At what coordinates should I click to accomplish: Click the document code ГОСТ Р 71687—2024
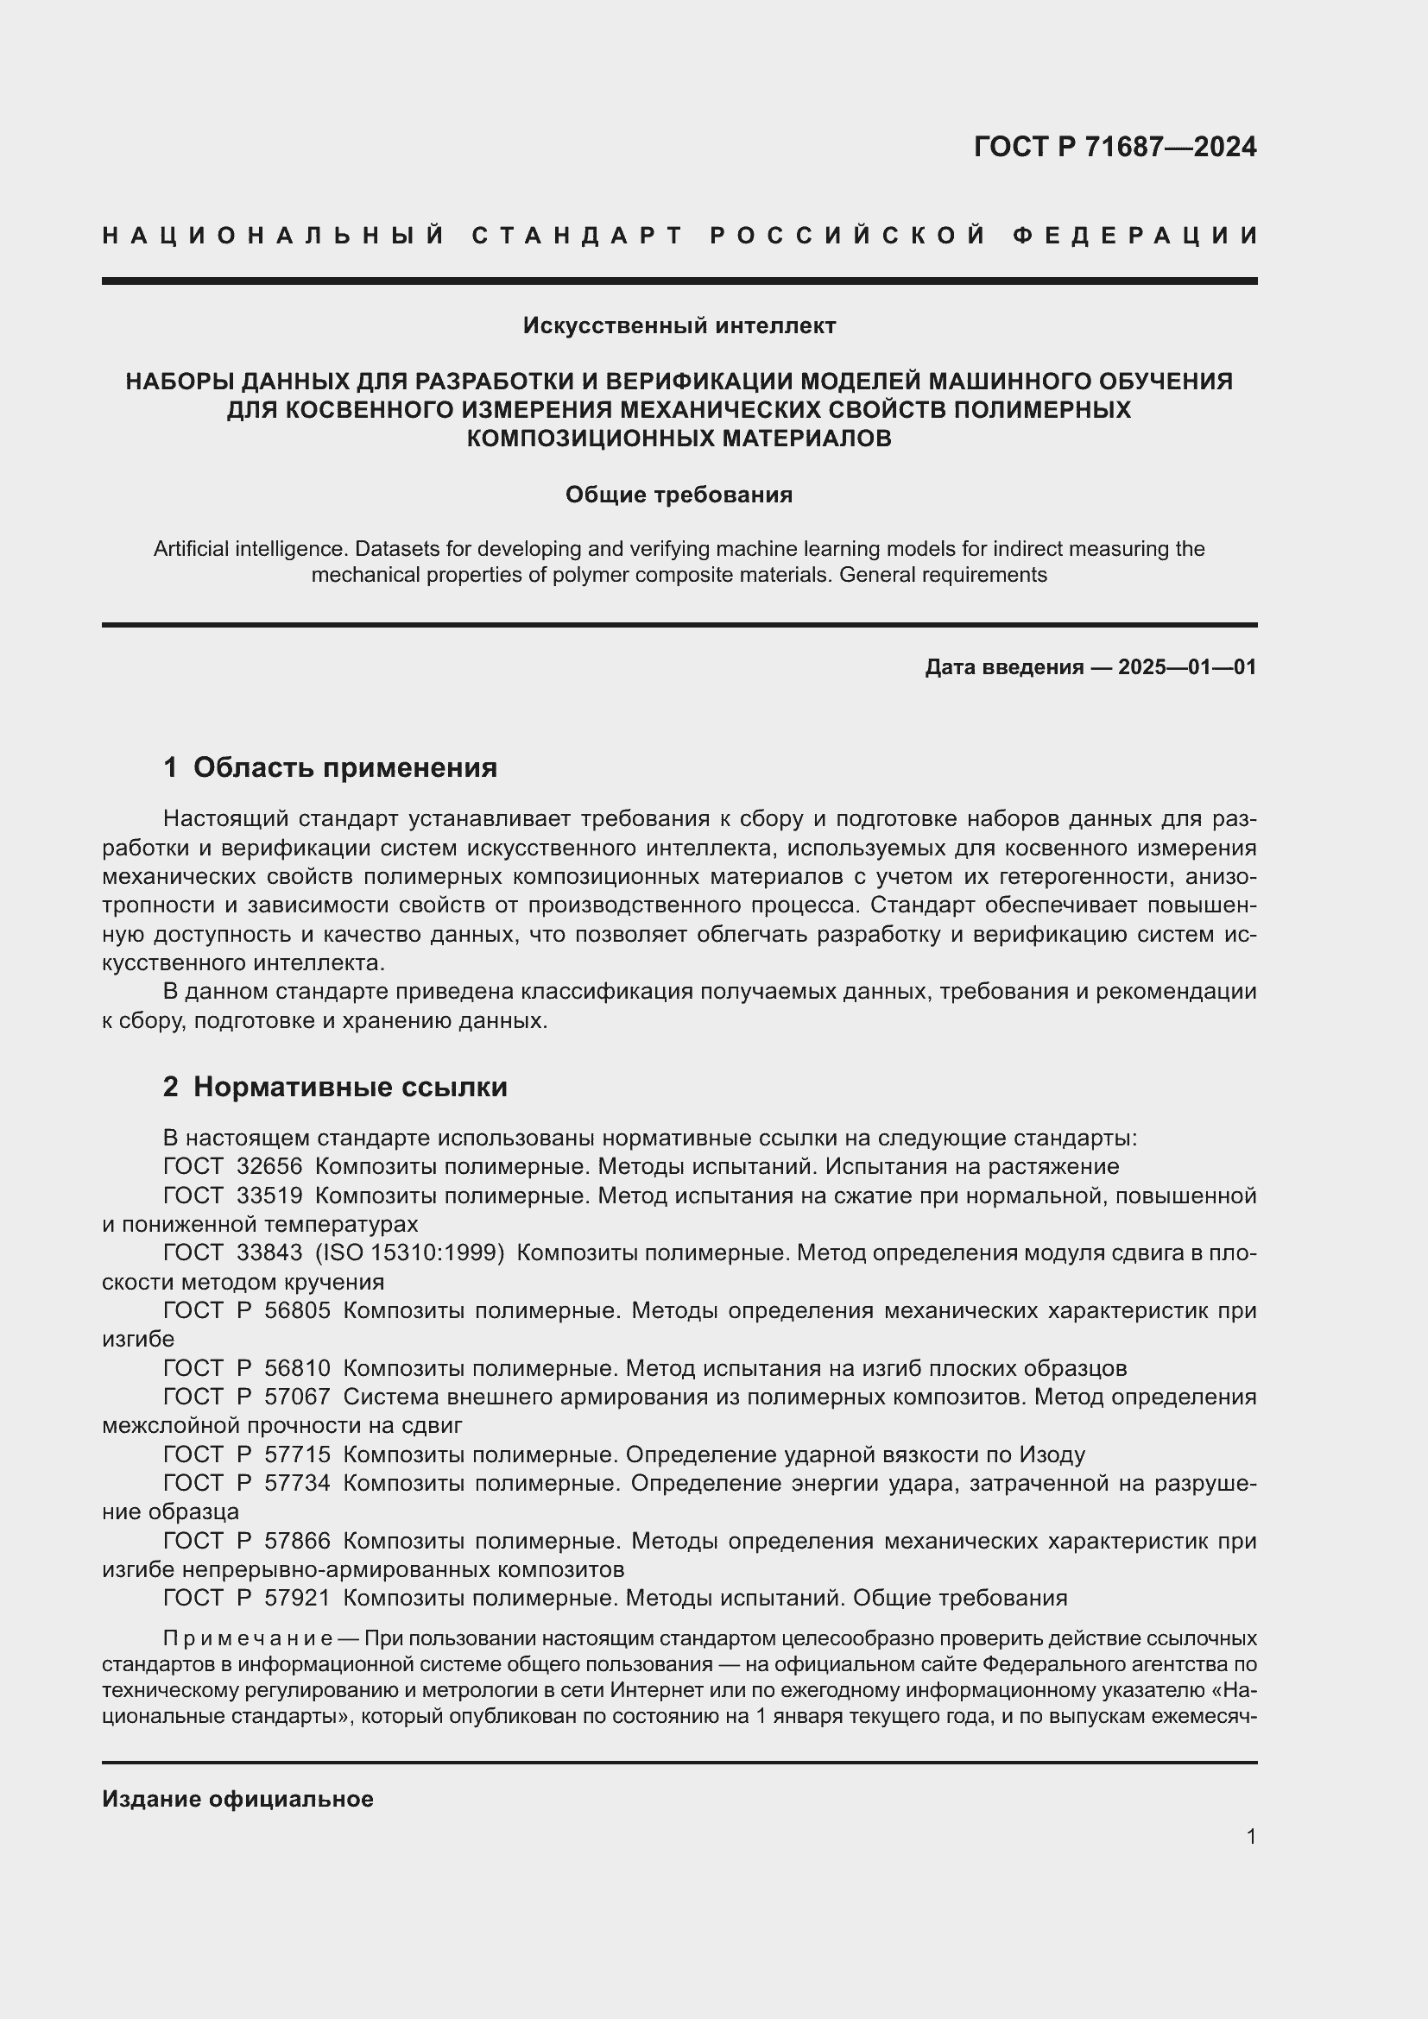click(1114, 147)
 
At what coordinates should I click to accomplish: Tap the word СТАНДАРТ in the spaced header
click(577, 236)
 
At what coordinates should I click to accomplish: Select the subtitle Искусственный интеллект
click(679, 326)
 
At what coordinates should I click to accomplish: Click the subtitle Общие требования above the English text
click(679, 495)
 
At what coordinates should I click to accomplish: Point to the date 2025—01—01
click(1187, 667)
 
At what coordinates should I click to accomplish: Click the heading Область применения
click(344, 767)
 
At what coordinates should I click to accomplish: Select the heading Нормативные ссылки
click(350, 1087)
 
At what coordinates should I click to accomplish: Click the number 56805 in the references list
click(297, 1310)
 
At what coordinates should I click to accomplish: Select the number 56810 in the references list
click(297, 1368)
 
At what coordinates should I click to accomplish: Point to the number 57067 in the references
click(297, 1398)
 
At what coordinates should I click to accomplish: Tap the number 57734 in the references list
click(297, 1484)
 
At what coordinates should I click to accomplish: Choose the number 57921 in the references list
click(297, 1598)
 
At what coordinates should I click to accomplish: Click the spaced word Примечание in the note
click(247, 1639)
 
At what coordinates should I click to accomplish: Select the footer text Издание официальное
click(237, 1799)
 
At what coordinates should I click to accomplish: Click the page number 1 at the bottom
click(1251, 1836)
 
